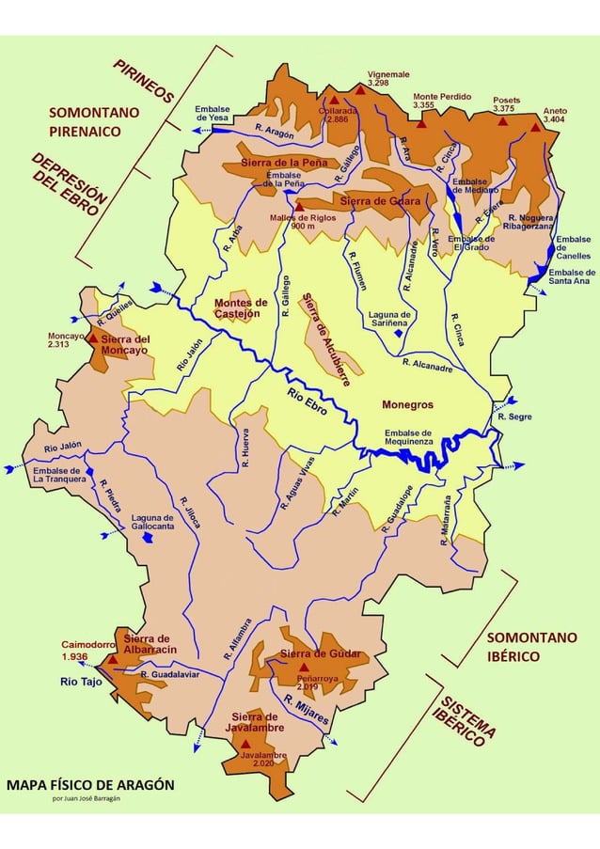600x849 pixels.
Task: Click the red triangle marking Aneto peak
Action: (x=536, y=127)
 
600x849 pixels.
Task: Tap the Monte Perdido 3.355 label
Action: (x=436, y=101)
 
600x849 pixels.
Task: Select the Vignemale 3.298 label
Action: (x=388, y=78)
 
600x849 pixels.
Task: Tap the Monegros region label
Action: (x=406, y=404)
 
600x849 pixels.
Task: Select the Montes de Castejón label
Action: (x=236, y=308)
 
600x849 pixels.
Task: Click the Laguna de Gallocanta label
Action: (x=151, y=522)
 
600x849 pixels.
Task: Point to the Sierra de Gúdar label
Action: (x=320, y=653)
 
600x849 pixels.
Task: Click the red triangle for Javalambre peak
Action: (x=245, y=743)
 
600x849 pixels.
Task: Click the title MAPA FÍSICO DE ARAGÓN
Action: (x=90, y=784)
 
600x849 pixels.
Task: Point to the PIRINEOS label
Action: (x=144, y=81)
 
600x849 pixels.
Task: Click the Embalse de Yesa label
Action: (x=213, y=113)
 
